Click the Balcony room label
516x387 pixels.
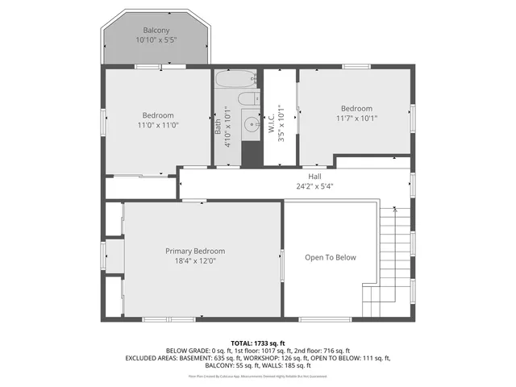pyautogui.click(x=156, y=31)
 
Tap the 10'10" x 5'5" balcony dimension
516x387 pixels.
pyautogui.click(x=156, y=40)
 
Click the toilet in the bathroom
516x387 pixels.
pyautogui.click(x=251, y=100)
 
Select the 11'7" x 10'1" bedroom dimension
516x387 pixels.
pyautogui.click(x=356, y=119)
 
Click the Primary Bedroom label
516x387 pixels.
pyautogui.click(x=195, y=251)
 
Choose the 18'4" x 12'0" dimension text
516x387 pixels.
pyautogui.click(x=195, y=260)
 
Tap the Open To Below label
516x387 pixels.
pyautogui.click(x=330, y=258)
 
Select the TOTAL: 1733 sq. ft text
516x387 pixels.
pyautogui.click(x=257, y=343)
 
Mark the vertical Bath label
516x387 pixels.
pyautogui.click(x=218, y=127)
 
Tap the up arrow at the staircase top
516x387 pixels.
pyautogui.click(x=394, y=209)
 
